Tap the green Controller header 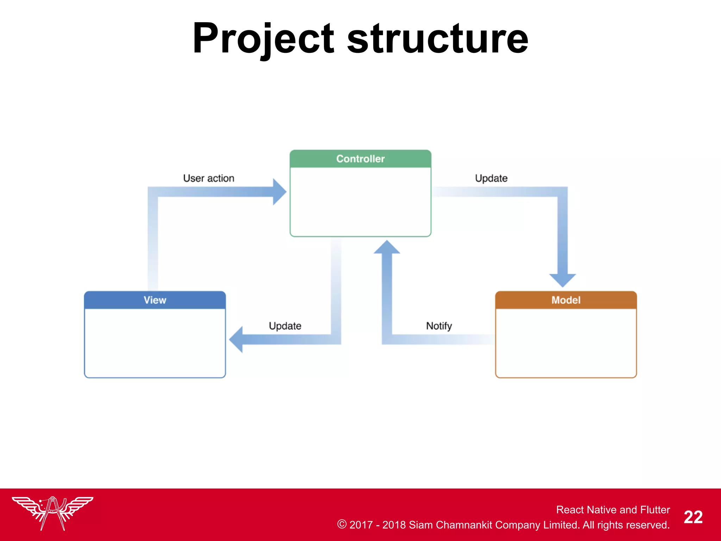click(360, 159)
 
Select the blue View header click(155, 300)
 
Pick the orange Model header click(566, 300)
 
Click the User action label click(208, 178)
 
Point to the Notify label click(439, 326)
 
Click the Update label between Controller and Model click(491, 178)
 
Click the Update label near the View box click(285, 326)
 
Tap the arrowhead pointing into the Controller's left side click(279, 192)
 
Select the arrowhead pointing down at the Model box click(562, 280)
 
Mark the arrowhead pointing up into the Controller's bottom click(387, 247)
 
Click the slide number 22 click(693, 517)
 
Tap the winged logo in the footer click(53, 512)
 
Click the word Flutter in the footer click(655, 510)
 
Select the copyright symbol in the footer click(341, 524)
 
